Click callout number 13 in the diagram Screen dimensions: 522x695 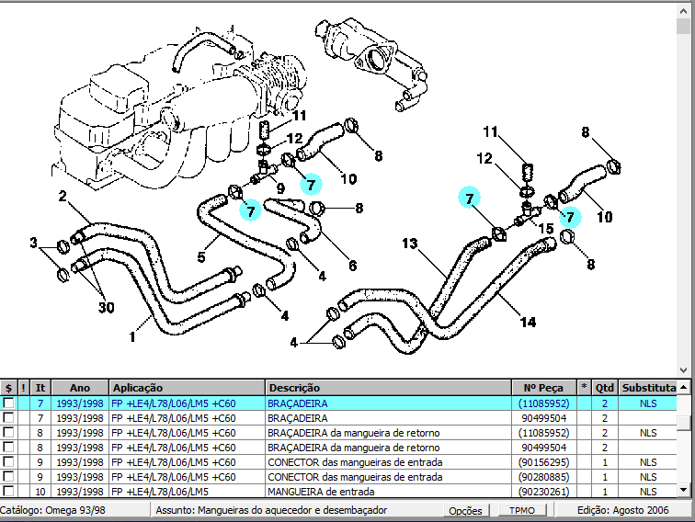(x=409, y=244)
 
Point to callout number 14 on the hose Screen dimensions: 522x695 (x=528, y=322)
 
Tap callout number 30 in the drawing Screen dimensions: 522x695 (x=106, y=307)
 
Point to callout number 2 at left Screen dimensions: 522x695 (x=63, y=196)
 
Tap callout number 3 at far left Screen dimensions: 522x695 (x=33, y=243)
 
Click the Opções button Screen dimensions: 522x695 (x=465, y=510)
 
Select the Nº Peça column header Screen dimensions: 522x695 (x=542, y=388)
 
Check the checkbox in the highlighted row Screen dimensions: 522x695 (x=9, y=403)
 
